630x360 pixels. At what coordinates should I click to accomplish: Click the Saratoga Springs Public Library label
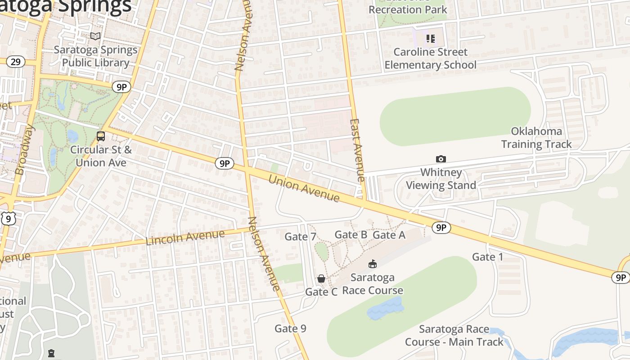[95, 56]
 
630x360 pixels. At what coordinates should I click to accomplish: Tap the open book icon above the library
[95, 36]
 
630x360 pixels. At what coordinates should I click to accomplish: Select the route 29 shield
[15, 62]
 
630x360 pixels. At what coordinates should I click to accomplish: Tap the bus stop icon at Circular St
[101, 136]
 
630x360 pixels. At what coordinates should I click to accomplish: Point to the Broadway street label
[25, 150]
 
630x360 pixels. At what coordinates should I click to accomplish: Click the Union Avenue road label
[304, 188]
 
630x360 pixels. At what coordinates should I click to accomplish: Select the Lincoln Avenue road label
[185, 237]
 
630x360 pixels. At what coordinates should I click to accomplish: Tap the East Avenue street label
[357, 150]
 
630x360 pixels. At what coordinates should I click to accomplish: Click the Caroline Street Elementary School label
[430, 58]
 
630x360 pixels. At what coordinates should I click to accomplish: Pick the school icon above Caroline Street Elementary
[431, 39]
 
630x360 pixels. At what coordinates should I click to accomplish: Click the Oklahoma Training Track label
[536, 138]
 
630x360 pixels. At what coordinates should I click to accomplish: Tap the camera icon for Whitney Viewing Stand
[441, 159]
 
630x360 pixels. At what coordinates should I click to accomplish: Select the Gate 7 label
[300, 237]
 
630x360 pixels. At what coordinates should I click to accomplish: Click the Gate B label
[351, 234]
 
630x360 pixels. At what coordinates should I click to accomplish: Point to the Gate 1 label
[487, 257]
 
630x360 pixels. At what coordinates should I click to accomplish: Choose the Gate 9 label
[290, 328]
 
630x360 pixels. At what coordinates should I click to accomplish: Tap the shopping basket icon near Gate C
[321, 279]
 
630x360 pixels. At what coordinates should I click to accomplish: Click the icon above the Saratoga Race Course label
[373, 264]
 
